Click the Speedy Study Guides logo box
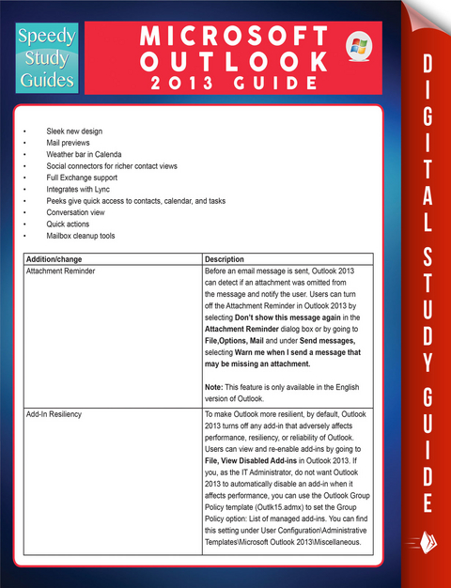[43, 57]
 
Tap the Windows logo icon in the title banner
[358, 46]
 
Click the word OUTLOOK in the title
[234, 62]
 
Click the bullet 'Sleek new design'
[74, 131]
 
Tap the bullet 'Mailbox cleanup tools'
[81, 236]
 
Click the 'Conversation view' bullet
[77, 212]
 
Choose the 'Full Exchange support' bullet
[83, 178]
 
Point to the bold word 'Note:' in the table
[214, 386]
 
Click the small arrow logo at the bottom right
[415, 543]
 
